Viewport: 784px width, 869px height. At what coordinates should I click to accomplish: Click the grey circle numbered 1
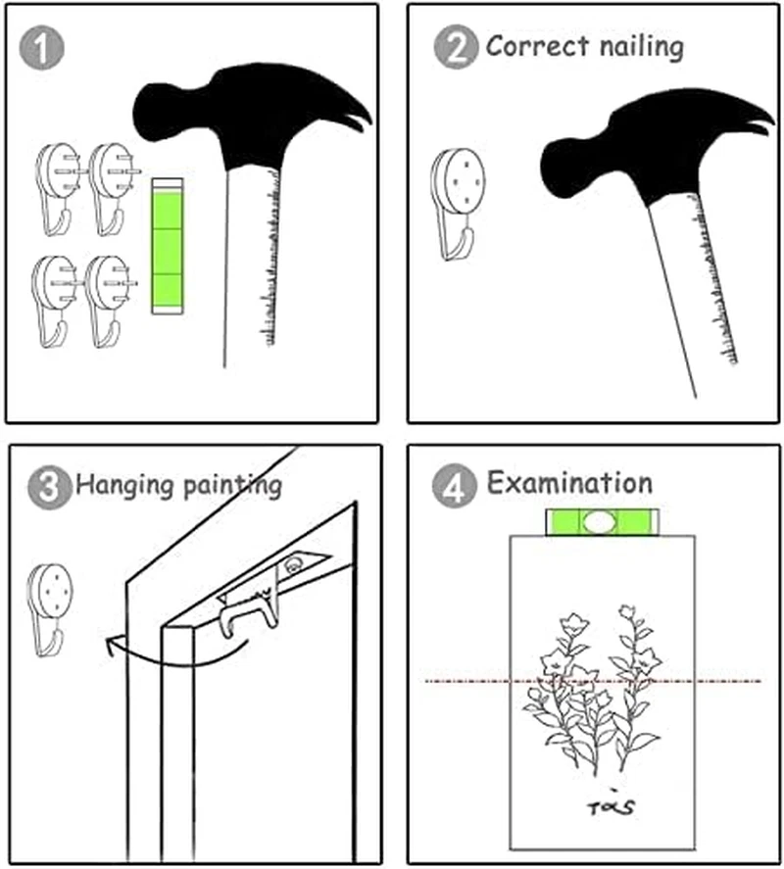pos(41,48)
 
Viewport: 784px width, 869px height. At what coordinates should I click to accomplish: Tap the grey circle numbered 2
pos(456,47)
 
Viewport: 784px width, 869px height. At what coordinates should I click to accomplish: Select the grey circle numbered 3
pos(49,487)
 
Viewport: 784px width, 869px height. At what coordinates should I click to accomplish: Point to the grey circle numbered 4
pos(454,486)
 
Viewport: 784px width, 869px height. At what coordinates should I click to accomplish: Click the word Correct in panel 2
pos(537,46)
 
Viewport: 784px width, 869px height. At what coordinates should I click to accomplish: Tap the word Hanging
pos(125,486)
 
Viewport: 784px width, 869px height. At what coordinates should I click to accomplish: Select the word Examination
pos(569,483)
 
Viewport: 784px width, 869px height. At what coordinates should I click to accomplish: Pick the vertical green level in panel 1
pos(167,247)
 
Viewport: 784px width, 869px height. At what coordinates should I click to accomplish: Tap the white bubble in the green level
pos(599,522)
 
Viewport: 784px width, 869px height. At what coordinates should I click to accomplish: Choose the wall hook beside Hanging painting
pos(49,610)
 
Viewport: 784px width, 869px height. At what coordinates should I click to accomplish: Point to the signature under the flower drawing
pos(611,804)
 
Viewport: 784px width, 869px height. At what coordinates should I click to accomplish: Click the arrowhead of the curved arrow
pos(112,645)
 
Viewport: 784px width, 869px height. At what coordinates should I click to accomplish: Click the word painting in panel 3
pos(232,486)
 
